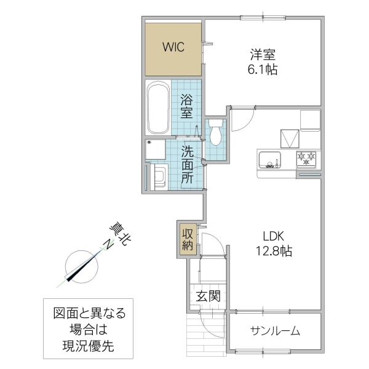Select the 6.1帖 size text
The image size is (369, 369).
263,69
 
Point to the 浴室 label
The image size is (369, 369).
187,106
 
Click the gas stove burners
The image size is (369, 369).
307,159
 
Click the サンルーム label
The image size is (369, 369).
275,331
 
